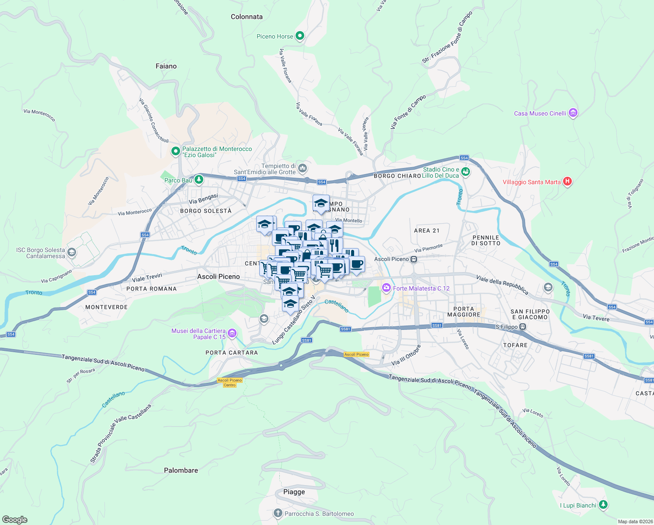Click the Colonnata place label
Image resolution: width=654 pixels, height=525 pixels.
[247, 17]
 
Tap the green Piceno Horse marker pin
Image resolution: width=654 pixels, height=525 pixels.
[300, 36]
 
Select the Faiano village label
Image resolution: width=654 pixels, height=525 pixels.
[166, 66]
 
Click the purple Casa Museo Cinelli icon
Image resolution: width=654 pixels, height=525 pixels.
[573, 113]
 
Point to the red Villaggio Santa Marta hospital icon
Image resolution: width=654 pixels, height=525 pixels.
[567, 182]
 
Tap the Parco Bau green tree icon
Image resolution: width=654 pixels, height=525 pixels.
[199, 179]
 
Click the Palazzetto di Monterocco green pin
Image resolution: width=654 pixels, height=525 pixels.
[176, 151]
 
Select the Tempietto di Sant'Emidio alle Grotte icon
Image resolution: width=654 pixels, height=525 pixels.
[302, 168]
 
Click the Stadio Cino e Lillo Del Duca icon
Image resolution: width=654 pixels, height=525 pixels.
[466, 172]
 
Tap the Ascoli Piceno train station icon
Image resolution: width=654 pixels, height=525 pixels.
[414, 259]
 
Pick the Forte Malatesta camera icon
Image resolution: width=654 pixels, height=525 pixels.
[386, 288]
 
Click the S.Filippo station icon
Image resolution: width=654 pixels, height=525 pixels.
[522, 327]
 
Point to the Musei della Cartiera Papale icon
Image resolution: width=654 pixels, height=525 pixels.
[232, 334]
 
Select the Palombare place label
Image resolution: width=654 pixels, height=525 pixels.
[181, 470]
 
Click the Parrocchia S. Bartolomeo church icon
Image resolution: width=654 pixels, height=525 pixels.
[278, 513]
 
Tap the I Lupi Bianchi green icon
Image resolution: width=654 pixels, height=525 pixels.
[603, 505]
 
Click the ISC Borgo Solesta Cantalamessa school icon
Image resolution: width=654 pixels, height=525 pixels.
[72, 252]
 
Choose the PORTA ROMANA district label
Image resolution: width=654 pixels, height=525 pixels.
[152, 289]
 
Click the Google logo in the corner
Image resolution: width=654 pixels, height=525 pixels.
[15, 519]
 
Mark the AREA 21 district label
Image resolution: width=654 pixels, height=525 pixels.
[427, 231]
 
